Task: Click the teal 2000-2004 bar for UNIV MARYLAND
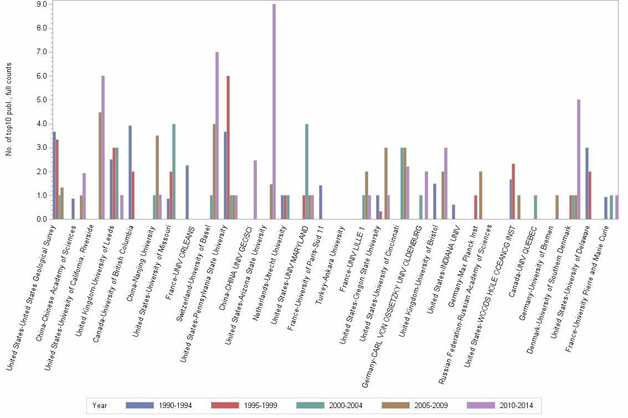click(307, 171)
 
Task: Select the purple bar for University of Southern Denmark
click(579, 160)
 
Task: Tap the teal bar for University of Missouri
click(174, 171)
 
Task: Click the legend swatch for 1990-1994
click(140, 406)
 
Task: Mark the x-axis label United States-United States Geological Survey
click(30, 296)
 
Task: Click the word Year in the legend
click(100, 406)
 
